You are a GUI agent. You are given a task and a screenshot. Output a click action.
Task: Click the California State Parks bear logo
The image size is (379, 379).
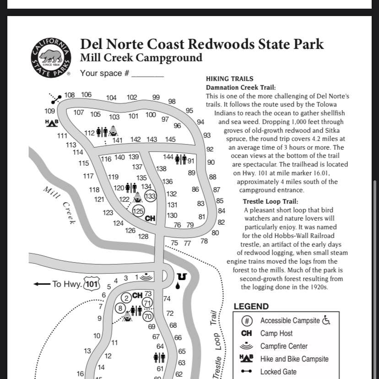coord(51,57)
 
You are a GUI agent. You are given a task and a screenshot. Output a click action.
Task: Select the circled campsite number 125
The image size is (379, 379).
coord(138,211)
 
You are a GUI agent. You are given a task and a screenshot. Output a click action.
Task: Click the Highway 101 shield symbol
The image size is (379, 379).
coord(92,284)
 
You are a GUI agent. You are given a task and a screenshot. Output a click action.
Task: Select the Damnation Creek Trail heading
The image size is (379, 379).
coord(241,87)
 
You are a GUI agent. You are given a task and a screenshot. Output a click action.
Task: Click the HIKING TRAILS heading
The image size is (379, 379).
coord(229,79)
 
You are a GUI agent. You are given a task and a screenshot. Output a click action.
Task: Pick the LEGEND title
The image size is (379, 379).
coord(251,307)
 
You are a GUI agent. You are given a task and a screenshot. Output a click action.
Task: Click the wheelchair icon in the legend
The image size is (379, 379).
coord(326,320)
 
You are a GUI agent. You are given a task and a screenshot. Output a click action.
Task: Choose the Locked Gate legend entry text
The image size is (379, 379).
coord(278,372)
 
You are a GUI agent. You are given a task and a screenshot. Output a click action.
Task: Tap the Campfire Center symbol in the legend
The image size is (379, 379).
coord(246,346)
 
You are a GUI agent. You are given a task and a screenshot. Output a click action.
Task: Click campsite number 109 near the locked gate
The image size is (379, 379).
coord(49,111)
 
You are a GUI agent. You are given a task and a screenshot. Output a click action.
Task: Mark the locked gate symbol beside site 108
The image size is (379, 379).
coord(56,98)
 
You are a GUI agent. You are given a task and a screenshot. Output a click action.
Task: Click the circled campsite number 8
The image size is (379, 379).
coord(120,308)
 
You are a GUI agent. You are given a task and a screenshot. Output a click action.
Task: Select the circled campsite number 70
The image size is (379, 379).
coord(147,316)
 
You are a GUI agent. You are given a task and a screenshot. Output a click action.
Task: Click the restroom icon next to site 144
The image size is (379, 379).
coord(181,159)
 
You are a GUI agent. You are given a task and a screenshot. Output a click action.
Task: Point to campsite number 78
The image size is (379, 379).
coord(204,241)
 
